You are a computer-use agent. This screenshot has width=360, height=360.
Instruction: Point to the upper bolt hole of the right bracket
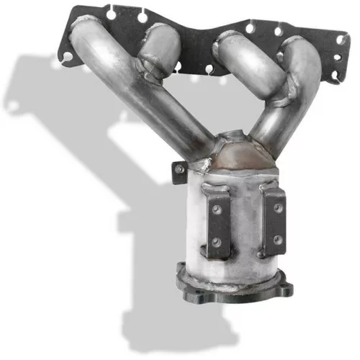pyautogui.click(x=276, y=207)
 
